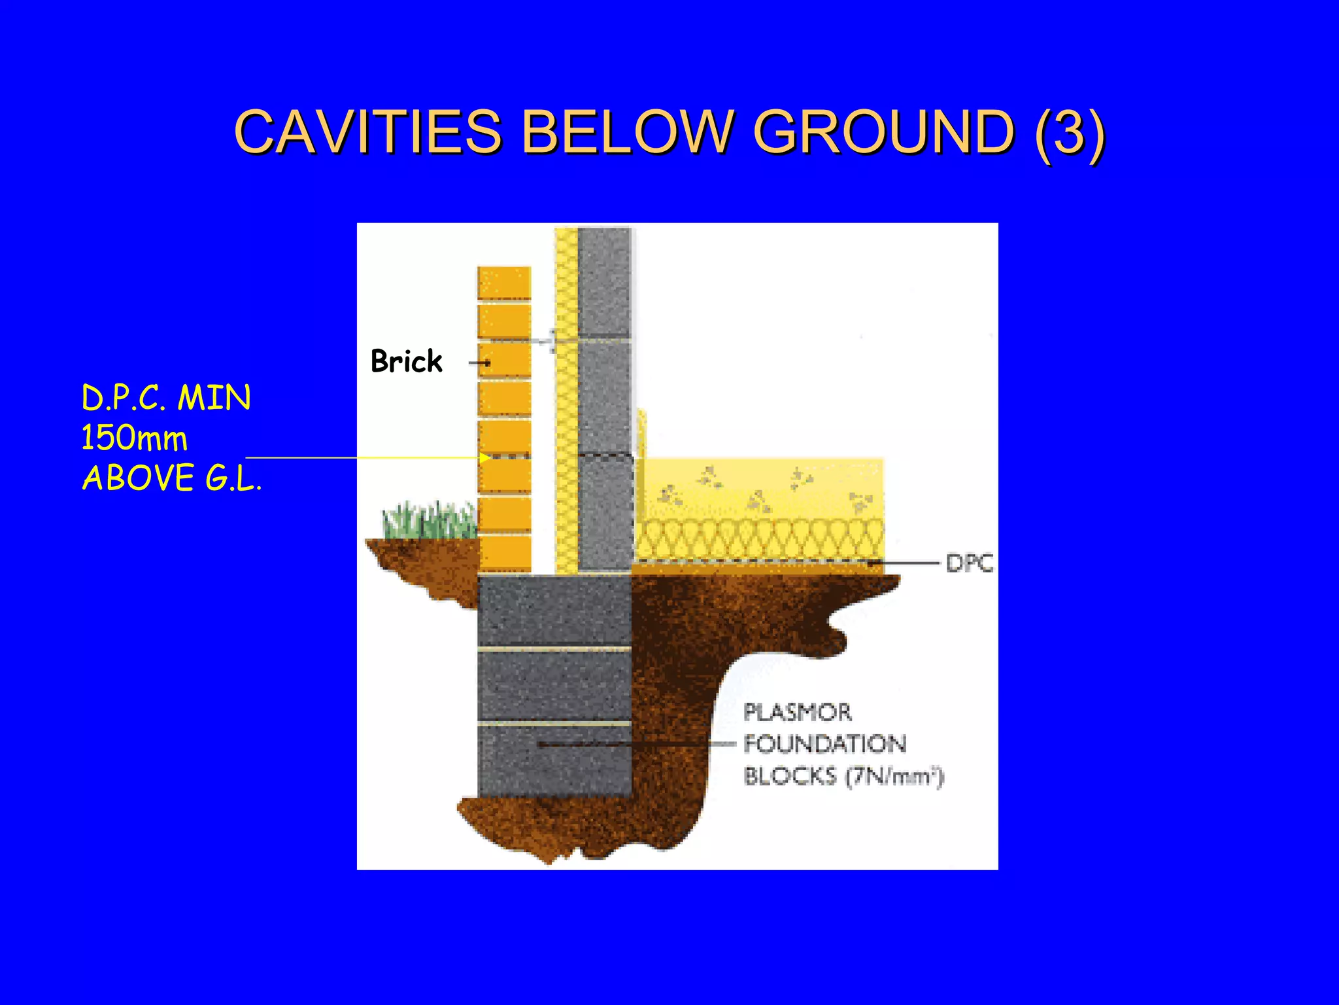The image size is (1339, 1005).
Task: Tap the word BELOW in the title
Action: (627, 132)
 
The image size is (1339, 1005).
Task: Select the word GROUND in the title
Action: (883, 132)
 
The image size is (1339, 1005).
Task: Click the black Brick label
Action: (406, 361)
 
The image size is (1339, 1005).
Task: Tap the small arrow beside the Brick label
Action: (480, 362)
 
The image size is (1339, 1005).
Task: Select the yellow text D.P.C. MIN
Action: (166, 398)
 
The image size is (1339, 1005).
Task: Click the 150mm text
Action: (134, 438)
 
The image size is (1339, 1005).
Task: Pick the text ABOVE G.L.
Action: (171, 478)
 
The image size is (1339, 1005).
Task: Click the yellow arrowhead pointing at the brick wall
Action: (484, 458)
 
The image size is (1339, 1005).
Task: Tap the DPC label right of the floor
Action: (970, 563)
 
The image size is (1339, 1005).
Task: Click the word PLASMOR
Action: (798, 712)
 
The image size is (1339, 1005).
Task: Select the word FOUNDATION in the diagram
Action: (825, 744)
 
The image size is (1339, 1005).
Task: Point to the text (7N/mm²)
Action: (894, 777)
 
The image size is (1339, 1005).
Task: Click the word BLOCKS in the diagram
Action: (790, 777)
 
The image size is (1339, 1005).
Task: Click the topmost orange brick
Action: (503, 283)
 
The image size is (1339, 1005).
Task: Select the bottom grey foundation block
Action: (554, 761)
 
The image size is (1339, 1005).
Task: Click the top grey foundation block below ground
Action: (554, 610)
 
